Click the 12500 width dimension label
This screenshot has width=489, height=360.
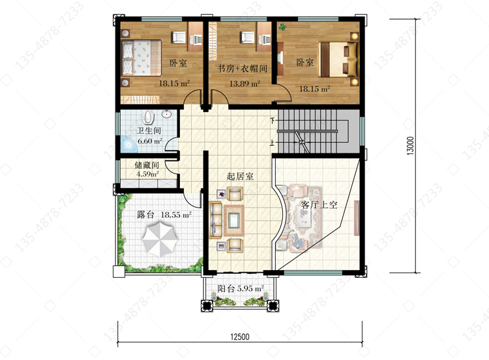[240, 337]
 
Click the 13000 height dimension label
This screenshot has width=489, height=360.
[410, 145]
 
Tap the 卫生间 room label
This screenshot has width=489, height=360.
[149, 130]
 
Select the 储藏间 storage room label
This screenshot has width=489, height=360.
[147, 164]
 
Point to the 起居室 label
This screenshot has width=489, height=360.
[240, 176]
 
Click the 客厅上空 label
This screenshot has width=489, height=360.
[319, 205]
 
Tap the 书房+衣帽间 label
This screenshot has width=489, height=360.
[242, 68]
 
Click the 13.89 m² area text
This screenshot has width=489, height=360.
[244, 83]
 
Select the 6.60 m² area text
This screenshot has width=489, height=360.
[150, 141]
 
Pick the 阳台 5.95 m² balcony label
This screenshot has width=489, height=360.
[241, 288]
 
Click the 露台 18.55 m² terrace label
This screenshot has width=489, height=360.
[164, 215]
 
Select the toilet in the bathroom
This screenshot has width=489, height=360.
[149, 117]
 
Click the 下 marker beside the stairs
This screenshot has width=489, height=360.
[273, 120]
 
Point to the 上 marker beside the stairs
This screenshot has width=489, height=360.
[273, 143]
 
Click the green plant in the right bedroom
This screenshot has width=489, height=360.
[283, 27]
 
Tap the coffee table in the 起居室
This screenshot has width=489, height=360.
[234, 220]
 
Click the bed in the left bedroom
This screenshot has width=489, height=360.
[141, 58]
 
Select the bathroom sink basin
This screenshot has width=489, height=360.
[167, 115]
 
